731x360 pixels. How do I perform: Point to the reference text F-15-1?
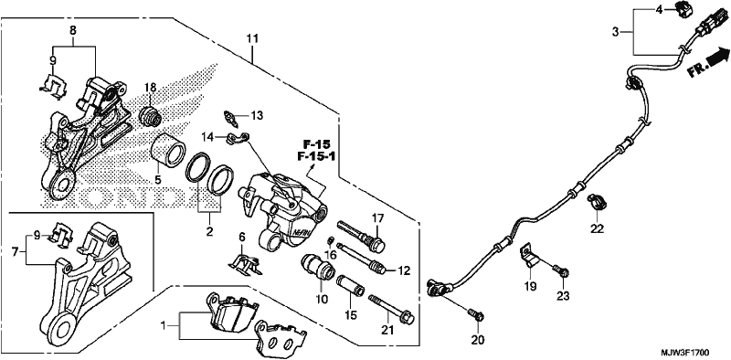[316, 156]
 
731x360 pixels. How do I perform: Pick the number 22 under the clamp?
[597, 229]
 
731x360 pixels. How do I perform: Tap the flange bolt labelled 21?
[392, 309]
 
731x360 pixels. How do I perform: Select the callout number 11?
[252, 38]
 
